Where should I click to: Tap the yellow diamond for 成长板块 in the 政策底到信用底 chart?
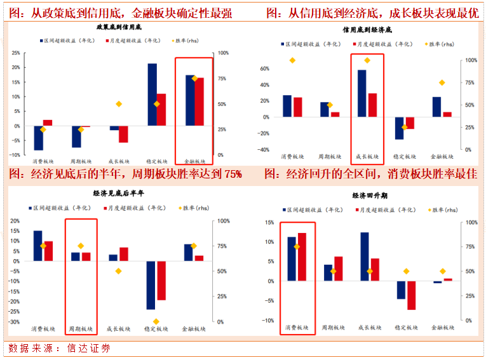(118, 104)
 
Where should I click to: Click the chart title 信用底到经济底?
(367, 30)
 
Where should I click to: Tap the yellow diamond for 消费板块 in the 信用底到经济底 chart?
(292, 60)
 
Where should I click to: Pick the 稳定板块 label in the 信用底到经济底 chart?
(404, 156)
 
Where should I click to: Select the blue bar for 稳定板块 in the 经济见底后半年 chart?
(151, 285)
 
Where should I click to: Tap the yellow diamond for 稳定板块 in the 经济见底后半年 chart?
(156, 321)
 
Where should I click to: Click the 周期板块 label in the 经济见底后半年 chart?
(81, 329)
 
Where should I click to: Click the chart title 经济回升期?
(367, 196)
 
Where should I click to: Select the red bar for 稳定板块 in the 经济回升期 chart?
(412, 295)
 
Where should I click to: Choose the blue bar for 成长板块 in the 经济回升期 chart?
(365, 257)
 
